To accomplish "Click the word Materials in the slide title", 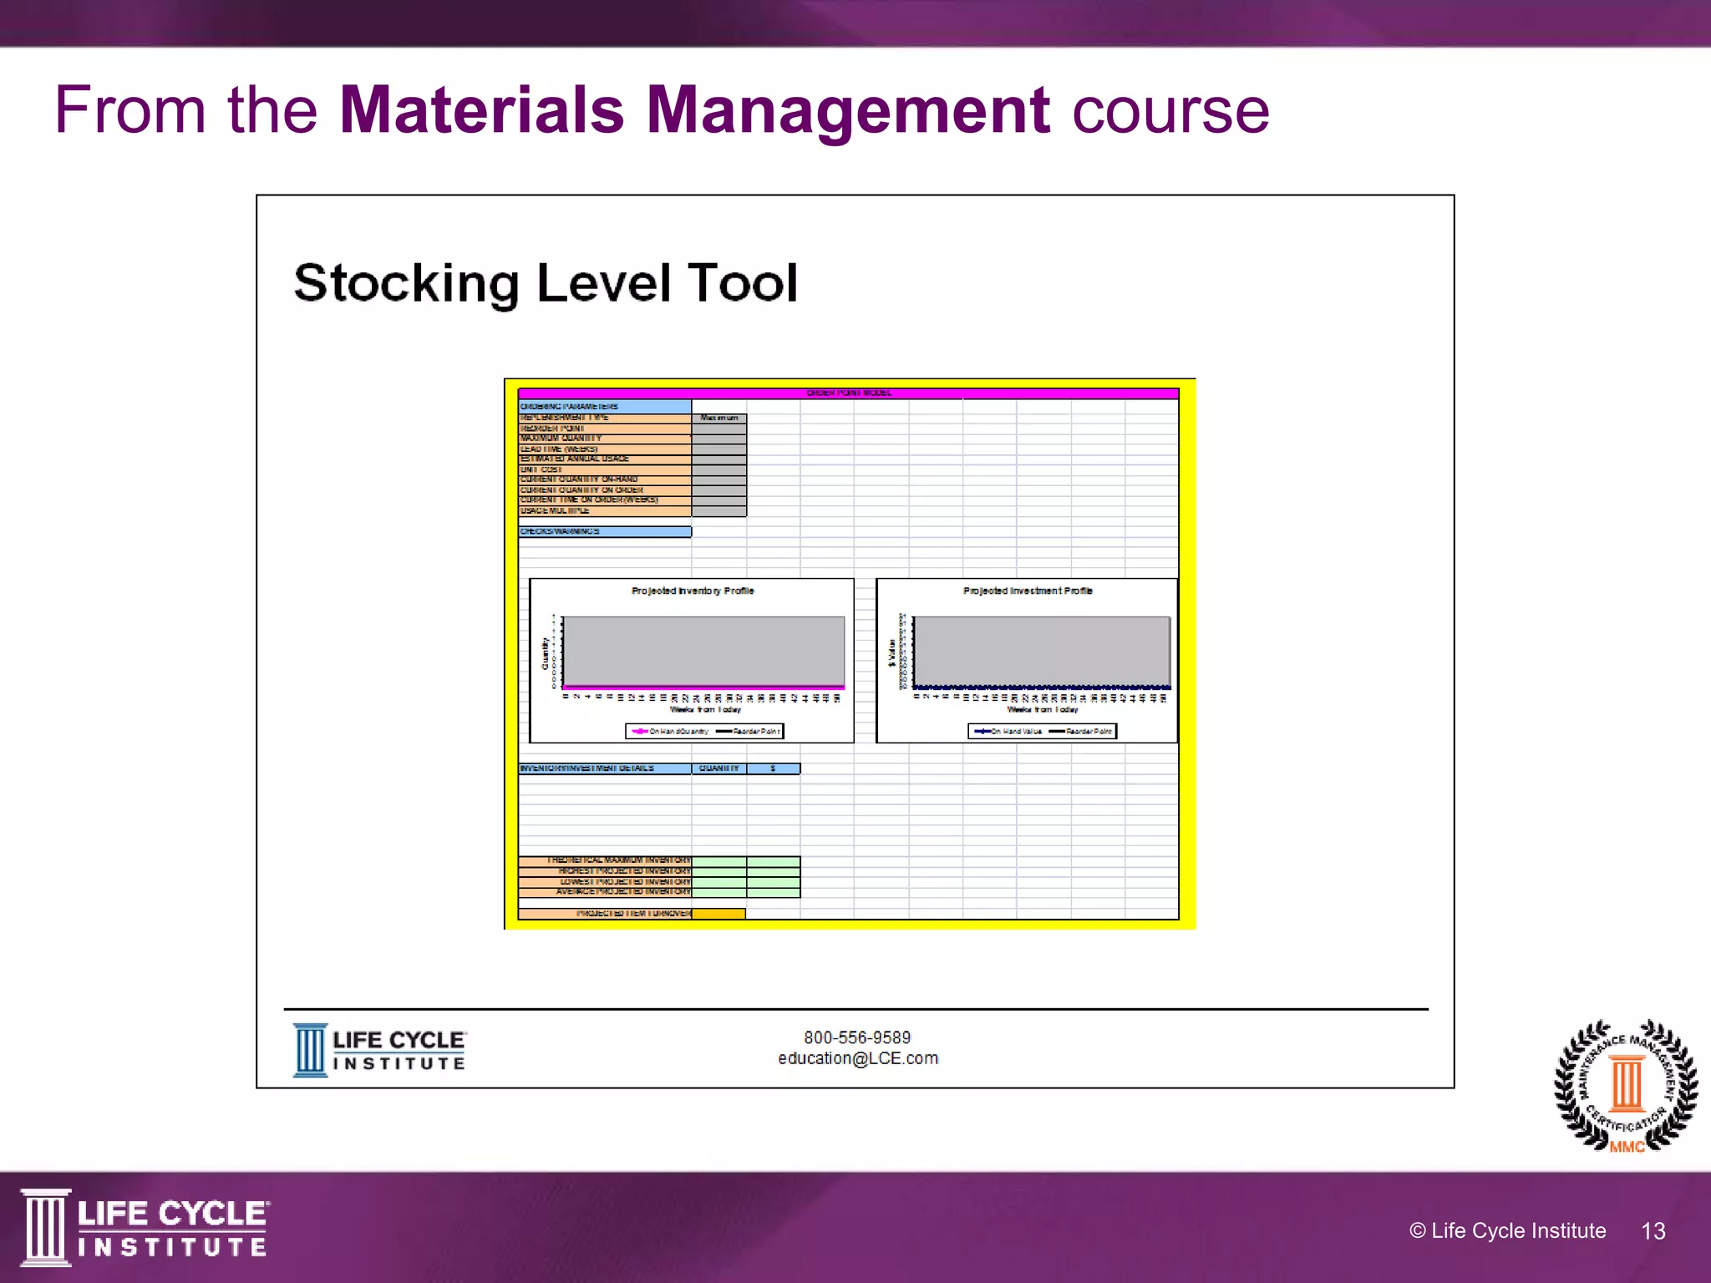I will [482, 110].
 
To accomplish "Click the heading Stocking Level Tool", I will [546, 282].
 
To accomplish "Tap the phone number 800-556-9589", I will [857, 1037].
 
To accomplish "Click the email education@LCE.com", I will [858, 1058].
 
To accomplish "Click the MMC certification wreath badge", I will [1626, 1086].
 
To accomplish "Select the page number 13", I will [1653, 1231].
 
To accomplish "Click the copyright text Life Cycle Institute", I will [1508, 1231].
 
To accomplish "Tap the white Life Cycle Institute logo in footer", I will [144, 1227].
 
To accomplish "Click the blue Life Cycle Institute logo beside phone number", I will [379, 1051].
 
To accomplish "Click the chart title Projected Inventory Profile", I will [693, 591].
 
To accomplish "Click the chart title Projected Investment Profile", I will [1028, 591].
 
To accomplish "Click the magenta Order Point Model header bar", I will [848, 393].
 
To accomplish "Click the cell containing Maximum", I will [719, 418].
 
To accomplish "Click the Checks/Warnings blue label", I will [604, 531].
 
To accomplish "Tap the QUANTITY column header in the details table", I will [719, 768].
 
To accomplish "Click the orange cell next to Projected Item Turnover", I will [718, 914].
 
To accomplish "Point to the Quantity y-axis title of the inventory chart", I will [546, 653].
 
